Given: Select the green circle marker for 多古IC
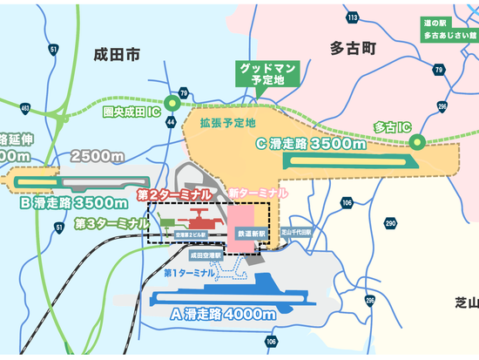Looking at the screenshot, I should pyautogui.click(x=417, y=140).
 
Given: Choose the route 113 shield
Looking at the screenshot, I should pyautogui.click(x=353, y=17).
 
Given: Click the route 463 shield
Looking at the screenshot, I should pyautogui.click(x=24, y=109).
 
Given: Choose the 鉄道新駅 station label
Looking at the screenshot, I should pyautogui.click(x=250, y=234).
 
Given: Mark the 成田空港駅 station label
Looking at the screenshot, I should pyautogui.click(x=205, y=255).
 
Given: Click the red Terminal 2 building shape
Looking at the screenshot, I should pyautogui.click(x=200, y=216).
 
